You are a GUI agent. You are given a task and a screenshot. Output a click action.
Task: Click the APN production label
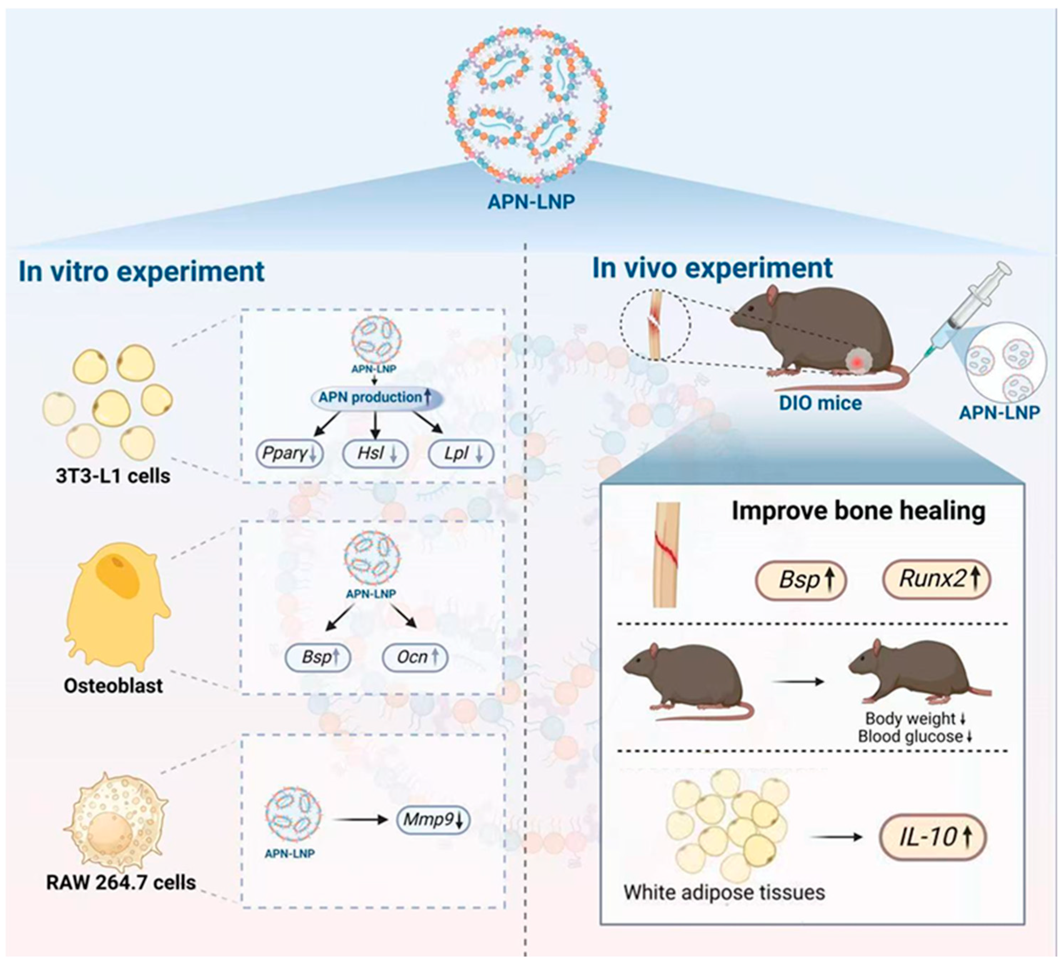(376, 397)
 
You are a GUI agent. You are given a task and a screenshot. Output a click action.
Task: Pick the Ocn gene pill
(415, 657)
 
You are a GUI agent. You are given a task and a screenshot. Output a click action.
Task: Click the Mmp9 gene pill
(433, 819)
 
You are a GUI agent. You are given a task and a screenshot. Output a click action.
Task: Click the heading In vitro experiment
(141, 272)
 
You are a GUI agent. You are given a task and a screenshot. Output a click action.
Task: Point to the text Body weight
(910, 719)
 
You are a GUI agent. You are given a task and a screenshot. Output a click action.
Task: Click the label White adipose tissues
(724, 893)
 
